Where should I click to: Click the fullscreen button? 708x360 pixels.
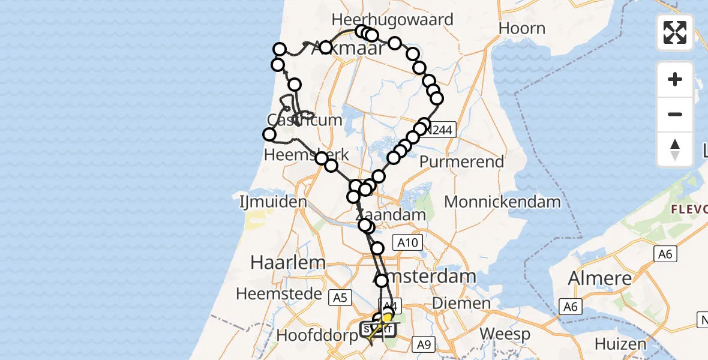[x=675, y=32]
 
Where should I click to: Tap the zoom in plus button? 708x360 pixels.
[x=675, y=79]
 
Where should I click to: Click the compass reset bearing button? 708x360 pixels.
[x=675, y=149]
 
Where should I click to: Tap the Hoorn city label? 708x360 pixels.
[x=522, y=28]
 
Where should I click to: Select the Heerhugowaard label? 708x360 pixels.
[x=392, y=19]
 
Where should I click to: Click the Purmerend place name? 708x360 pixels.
[x=461, y=161]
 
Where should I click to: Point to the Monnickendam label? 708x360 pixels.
[x=502, y=202]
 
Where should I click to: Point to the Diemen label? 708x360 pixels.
[x=458, y=303]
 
